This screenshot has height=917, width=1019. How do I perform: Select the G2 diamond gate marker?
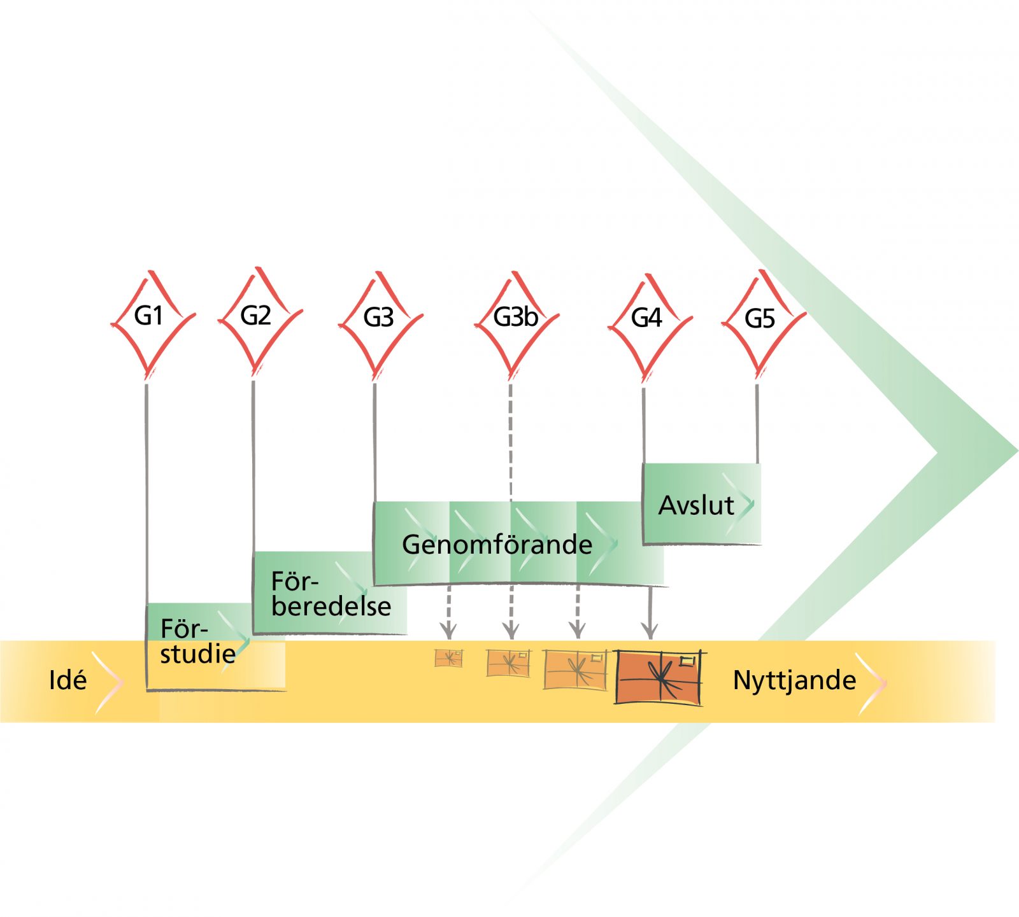pos(260,320)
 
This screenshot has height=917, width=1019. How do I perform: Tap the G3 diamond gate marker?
pos(380,324)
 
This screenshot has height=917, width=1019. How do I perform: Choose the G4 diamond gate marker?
pos(650,325)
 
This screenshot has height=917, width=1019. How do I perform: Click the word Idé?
pos(68,680)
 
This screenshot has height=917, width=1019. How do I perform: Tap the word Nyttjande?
pos(794,681)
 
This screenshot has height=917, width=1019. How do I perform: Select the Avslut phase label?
pos(696,505)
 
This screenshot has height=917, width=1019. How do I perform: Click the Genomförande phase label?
pos(497,545)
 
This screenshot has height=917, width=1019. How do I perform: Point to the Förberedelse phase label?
pos(331,594)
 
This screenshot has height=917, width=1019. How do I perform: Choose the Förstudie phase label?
pos(197,641)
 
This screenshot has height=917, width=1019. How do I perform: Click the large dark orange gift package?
pos(660,676)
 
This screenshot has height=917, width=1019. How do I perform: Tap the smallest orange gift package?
pos(448,658)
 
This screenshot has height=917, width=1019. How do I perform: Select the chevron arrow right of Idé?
pos(108,682)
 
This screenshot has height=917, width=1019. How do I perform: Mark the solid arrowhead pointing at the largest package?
pos(649,631)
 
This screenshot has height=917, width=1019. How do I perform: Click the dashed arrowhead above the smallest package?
pos(448,631)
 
